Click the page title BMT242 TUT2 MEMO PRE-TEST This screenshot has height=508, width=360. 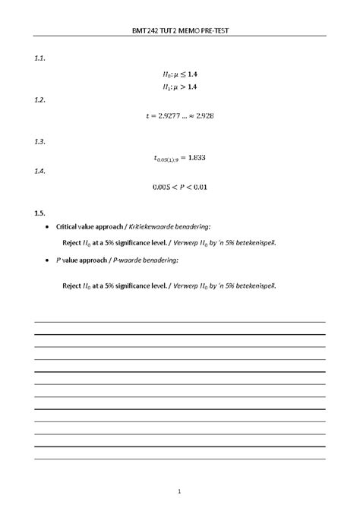point(179,32)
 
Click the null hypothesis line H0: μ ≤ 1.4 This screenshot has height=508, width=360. point(180,74)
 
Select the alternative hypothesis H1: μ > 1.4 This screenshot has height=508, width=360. point(180,87)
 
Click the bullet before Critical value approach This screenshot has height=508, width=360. point(47,227)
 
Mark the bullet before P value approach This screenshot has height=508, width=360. point(47,260)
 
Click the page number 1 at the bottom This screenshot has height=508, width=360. point(180,490)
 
